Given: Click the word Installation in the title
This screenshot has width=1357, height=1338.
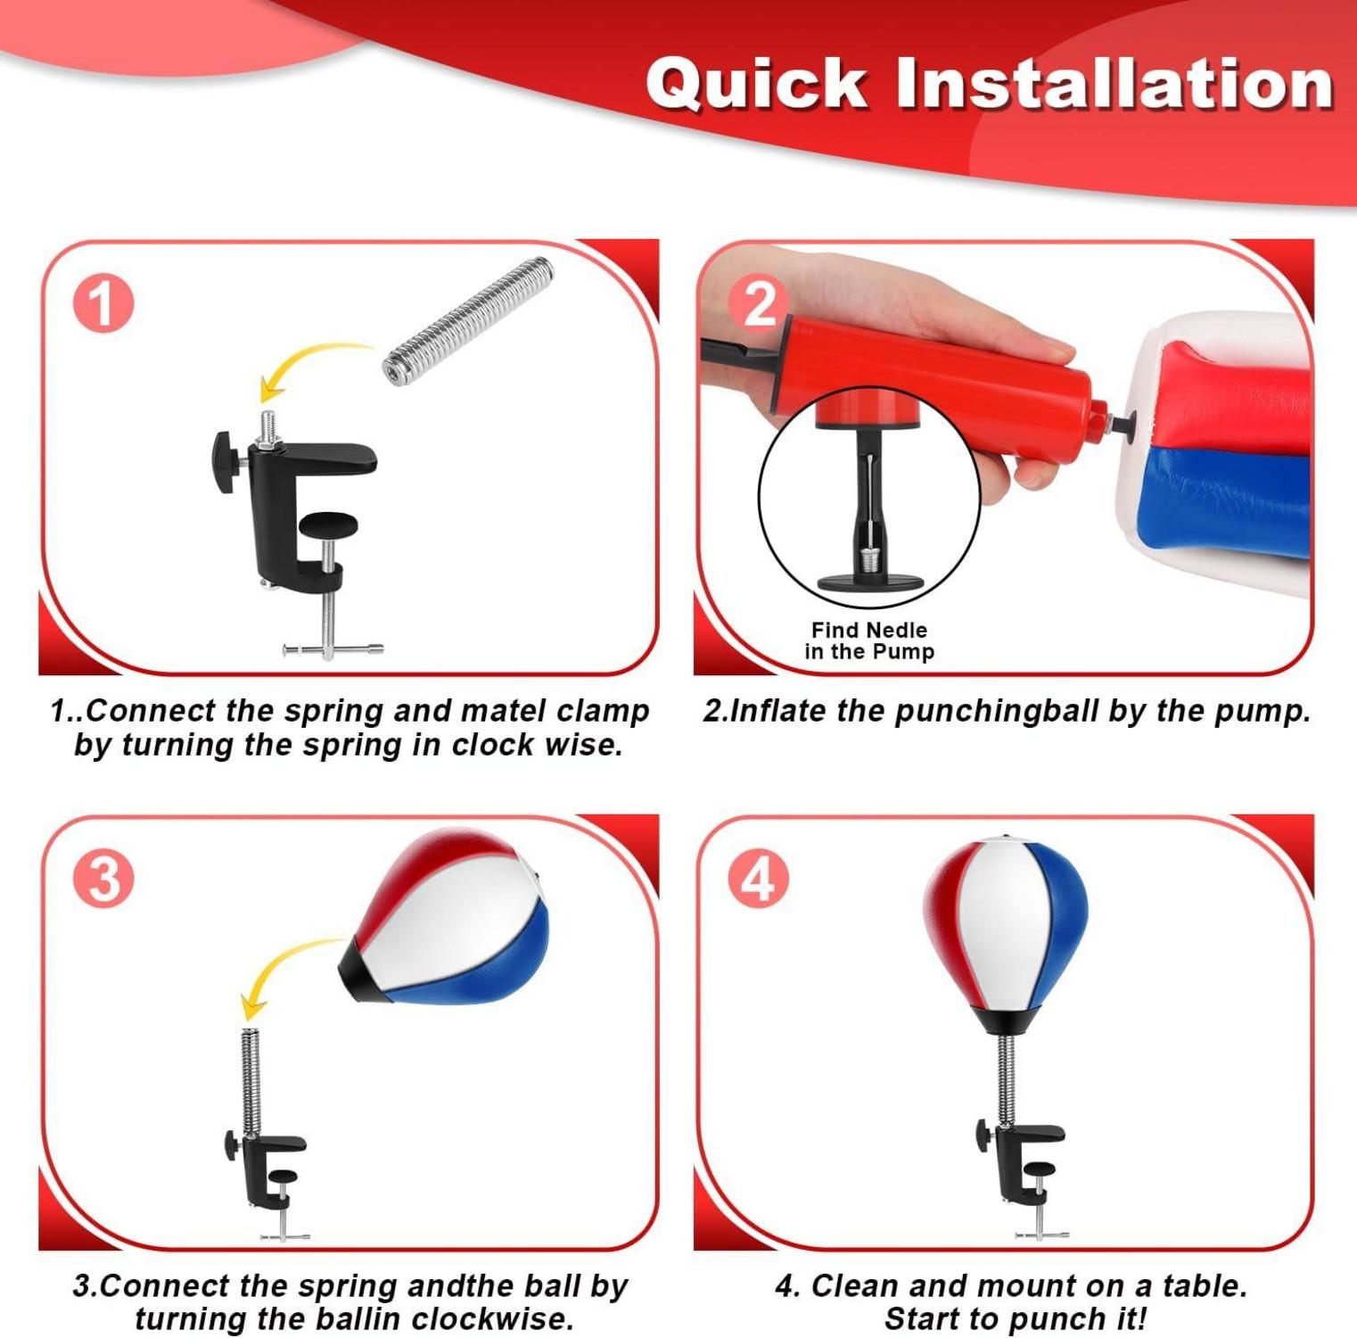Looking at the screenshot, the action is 1114,83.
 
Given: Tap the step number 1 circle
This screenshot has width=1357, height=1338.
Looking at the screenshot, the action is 103,304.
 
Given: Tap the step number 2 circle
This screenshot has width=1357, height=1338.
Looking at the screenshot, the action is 759,302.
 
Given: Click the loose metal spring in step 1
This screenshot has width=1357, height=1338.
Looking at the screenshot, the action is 468,320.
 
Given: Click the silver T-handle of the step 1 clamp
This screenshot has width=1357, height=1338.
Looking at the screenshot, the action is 332,648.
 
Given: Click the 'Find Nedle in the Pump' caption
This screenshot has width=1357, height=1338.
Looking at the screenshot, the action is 869,640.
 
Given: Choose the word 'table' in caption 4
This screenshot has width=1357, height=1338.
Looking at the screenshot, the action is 1199,1285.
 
